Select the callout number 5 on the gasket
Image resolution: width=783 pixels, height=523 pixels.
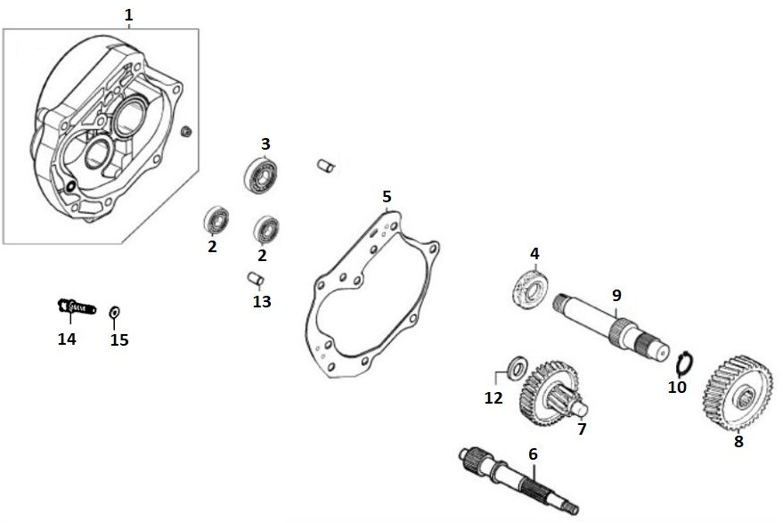click(387, 196)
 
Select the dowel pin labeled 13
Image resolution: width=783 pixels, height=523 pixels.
click(255, 278)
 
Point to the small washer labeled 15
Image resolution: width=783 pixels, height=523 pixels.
click(114, 312)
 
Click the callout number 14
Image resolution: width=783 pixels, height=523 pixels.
click(66, 339)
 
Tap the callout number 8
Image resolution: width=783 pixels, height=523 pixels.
click(738, 439)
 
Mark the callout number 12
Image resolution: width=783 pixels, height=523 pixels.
click(493, 398)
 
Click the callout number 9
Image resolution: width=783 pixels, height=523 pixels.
click(616, 295)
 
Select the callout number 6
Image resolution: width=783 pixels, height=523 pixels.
click(533, 454)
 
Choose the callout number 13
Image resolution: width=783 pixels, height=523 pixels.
click(261, 301)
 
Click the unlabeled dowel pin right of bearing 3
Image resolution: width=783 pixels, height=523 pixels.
click(326, 165)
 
